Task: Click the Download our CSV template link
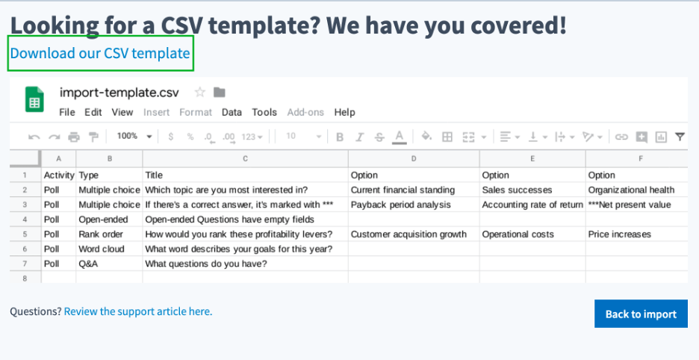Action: point(100,54)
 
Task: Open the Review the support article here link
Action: point(138,311)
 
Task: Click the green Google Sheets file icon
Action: point(34,99)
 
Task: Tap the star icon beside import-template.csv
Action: point(199,93)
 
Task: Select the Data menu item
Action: point(232,113)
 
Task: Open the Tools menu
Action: point(264,113)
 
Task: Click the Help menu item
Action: point(344,113)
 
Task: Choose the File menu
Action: point(67,113)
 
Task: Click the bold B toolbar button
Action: point(340,137)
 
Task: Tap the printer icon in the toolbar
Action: point(73,137)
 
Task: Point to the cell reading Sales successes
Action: point(532,190)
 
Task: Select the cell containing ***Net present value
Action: point(636,205)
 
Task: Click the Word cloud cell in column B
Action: point(109,249)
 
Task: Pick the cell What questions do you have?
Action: point(245,264)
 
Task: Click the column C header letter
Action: point(245,159)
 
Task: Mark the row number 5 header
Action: point(25,235)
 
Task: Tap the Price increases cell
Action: point(636,235)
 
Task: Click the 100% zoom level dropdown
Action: point(134,136)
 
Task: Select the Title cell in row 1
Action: point(245,176)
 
